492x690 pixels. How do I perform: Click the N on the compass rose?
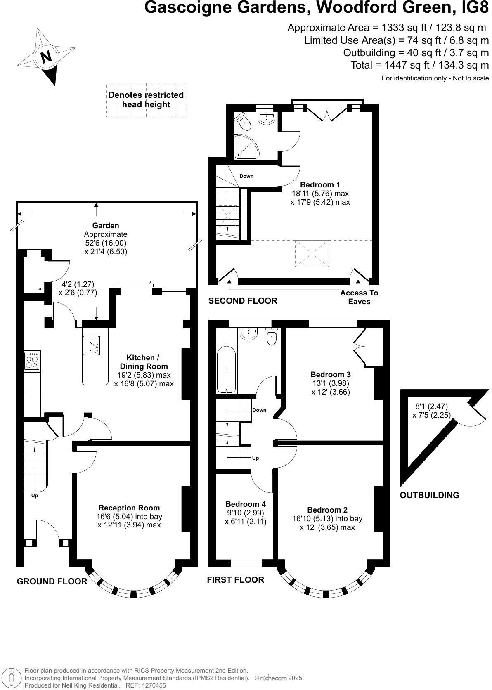pos(46,57)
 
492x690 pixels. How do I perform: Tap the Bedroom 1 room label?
pos(320,185)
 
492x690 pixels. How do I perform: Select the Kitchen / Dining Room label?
pos(144,362)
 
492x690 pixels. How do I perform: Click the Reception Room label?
pos(129,508)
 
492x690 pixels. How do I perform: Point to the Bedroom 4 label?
pos(246,504)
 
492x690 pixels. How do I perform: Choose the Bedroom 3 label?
pos(330,375)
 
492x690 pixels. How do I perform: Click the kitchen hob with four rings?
pos(32,362)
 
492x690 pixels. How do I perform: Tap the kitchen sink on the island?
pos(91,345)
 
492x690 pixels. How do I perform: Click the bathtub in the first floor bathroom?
pos(227,370)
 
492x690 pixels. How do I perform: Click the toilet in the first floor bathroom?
pos(272,336)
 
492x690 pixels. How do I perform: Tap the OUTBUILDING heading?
pos(429,495)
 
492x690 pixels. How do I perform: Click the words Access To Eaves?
pos(359,297)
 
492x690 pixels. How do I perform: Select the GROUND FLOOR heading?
pos(52,581)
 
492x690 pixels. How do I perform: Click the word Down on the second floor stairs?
pos(246,176)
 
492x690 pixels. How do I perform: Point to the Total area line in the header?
pos(419,65)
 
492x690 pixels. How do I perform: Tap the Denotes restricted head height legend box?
pos(146,100)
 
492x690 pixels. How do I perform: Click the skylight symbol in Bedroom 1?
pos(312,254)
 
